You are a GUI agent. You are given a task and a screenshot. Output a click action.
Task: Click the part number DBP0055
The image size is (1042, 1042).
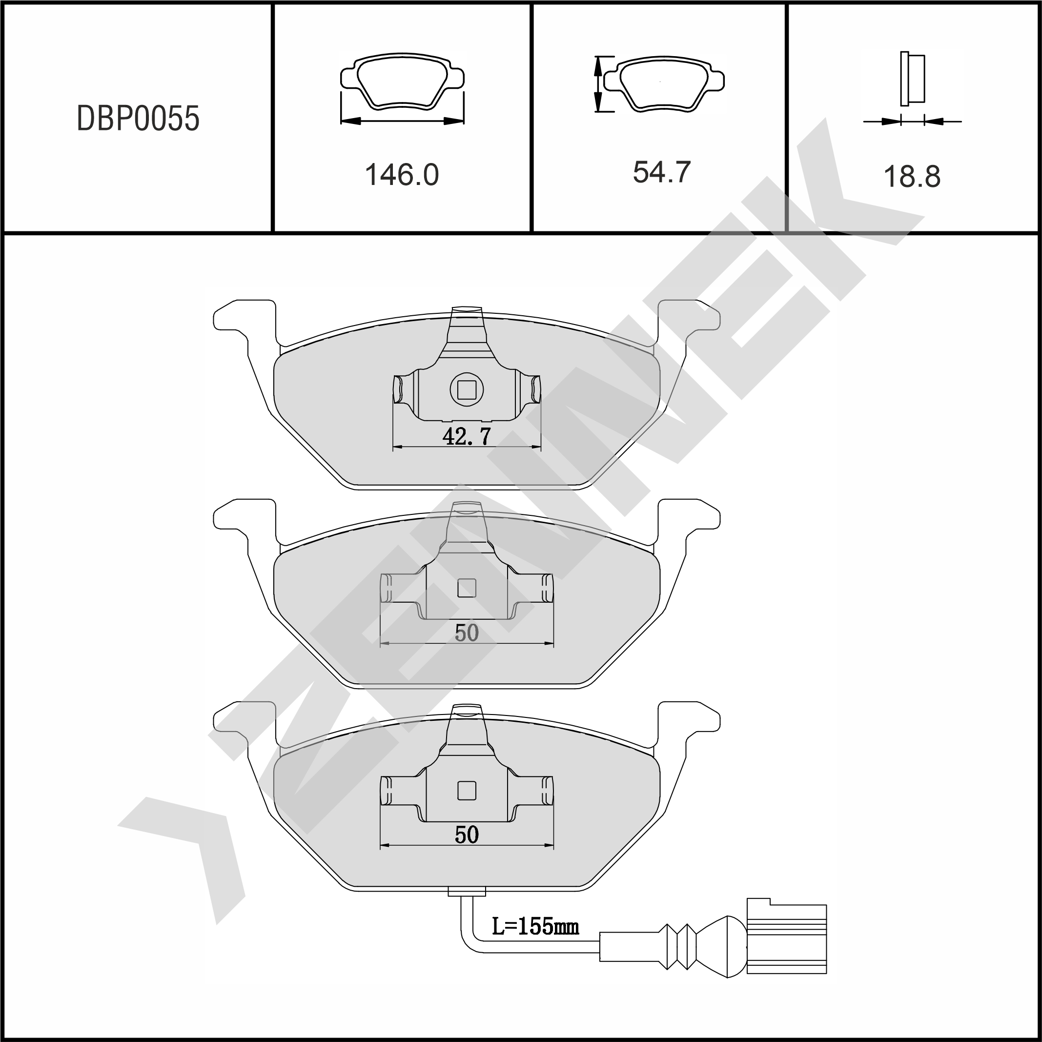138,119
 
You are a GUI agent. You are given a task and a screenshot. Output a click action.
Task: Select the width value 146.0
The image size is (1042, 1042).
402,175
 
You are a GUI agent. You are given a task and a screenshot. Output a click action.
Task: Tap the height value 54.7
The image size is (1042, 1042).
661,172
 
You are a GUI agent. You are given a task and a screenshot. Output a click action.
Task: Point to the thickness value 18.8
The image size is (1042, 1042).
912,176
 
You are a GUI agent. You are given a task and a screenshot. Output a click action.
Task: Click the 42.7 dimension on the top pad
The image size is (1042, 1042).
467,436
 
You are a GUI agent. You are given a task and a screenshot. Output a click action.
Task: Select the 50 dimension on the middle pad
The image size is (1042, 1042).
467,633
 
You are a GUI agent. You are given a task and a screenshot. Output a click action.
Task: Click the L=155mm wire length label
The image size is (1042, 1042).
535,926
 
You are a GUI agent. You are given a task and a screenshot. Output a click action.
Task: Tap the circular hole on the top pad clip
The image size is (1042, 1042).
467,389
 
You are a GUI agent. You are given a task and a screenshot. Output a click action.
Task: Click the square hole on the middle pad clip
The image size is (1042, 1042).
467,588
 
